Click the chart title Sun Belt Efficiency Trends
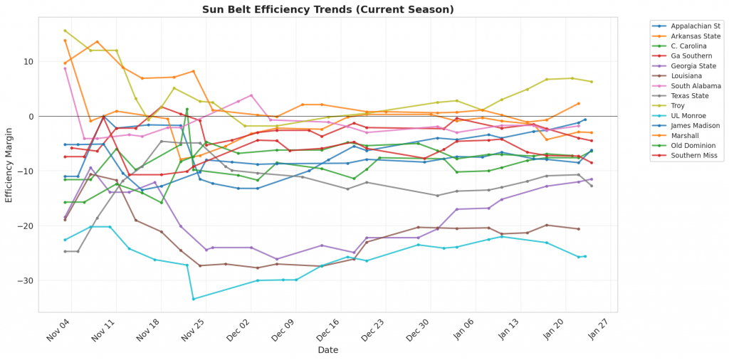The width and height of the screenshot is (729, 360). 327,9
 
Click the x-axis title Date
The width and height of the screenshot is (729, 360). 328,350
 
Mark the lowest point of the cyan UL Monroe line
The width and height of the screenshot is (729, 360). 193,299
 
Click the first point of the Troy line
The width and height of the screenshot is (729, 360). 65,31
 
